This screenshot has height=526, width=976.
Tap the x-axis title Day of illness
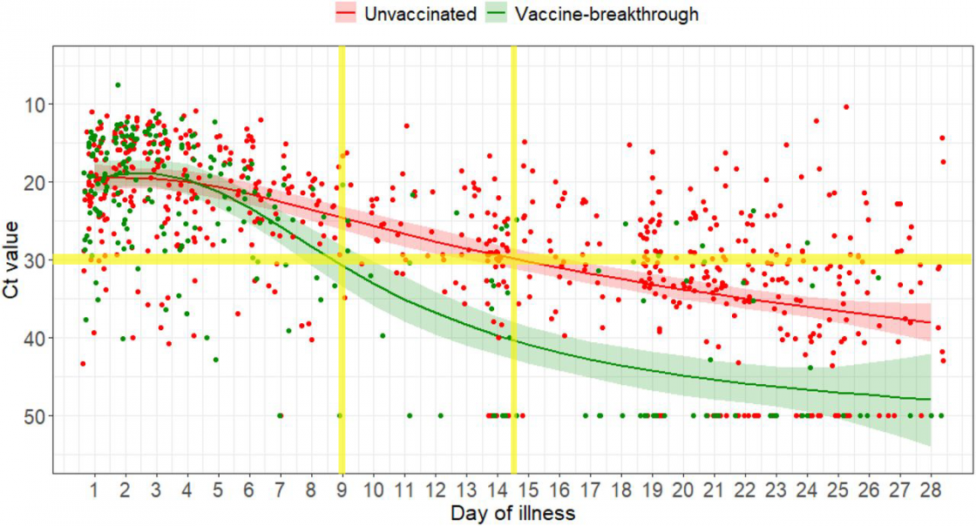click(512, 513)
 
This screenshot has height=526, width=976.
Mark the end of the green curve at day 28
click(931, 399)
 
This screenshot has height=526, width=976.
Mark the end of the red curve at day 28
click(931, 322)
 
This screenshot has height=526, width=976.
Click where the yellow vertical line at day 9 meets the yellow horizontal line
click(342, 259)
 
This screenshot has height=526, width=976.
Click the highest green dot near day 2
click(118, 84)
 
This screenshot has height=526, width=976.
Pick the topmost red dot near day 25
click(846, 107)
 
